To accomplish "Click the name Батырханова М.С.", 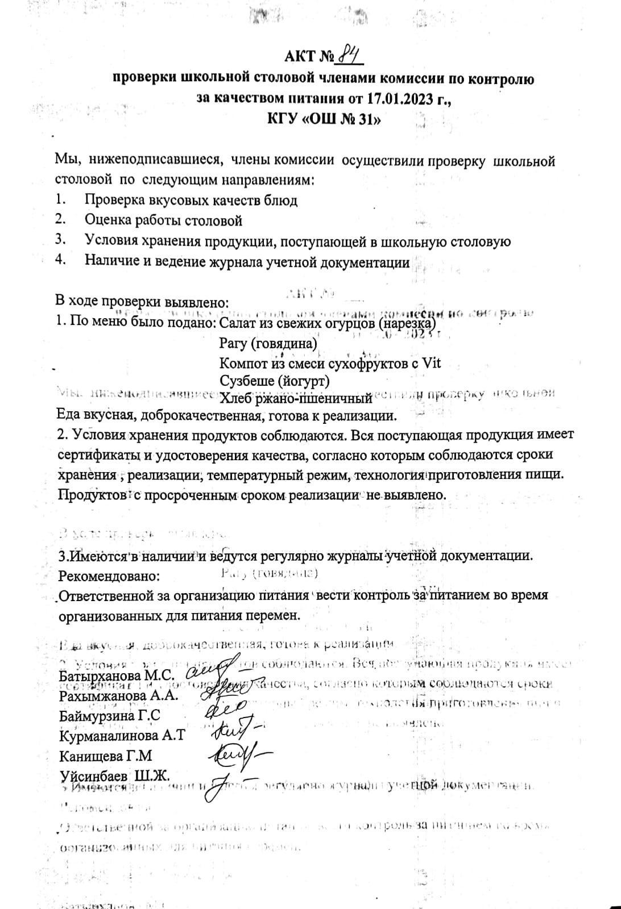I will coord(117,676).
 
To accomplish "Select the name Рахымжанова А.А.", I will coord(119,695).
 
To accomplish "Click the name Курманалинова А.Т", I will coord(122,736).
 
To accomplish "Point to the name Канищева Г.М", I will coord(105,756).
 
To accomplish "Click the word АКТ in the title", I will coord(300,57).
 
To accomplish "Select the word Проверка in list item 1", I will coord(114,200).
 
